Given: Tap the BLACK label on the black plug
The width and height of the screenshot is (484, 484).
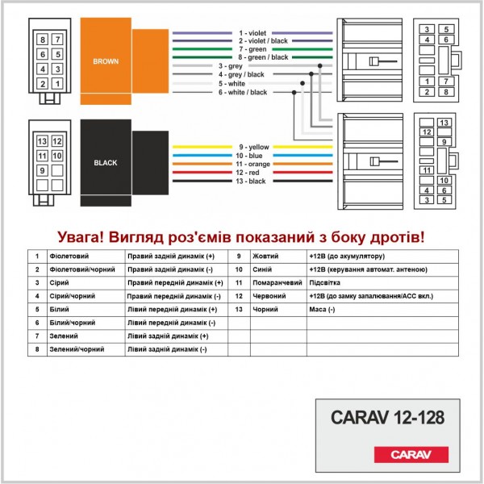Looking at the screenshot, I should click(x=105, y=162).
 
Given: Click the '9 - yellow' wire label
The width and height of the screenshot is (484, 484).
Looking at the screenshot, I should click(x=254, y=147).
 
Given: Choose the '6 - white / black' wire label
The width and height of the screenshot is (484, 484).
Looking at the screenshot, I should click(x=242, y=92).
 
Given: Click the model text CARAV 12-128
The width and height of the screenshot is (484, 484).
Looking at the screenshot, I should click(x=387, y=418).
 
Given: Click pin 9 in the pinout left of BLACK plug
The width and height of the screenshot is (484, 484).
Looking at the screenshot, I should click(x=41, y=170).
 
